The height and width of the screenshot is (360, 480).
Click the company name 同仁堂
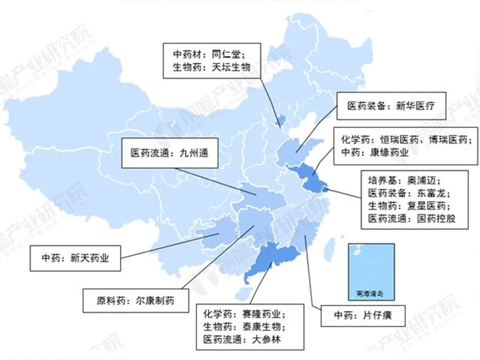228,54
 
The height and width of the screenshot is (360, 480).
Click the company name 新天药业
89,257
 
